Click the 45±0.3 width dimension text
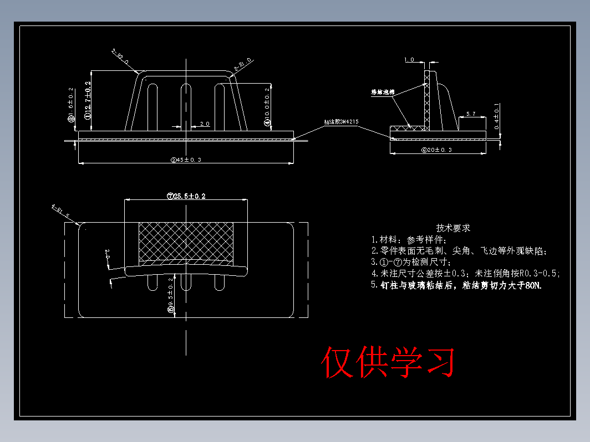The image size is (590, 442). click(x=186, y=160)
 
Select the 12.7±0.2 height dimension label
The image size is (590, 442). click(x=88, y=100)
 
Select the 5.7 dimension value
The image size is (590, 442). click(x=471, y=114)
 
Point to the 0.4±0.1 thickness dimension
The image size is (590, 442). click(x=497, y=116)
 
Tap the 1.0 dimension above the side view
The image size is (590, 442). click(x=409, y=59)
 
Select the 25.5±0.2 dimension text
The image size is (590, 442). click(x=187, y=196)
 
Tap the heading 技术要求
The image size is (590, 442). click(x=453, y=228)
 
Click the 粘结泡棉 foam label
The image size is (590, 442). click(x=383, y=92)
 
